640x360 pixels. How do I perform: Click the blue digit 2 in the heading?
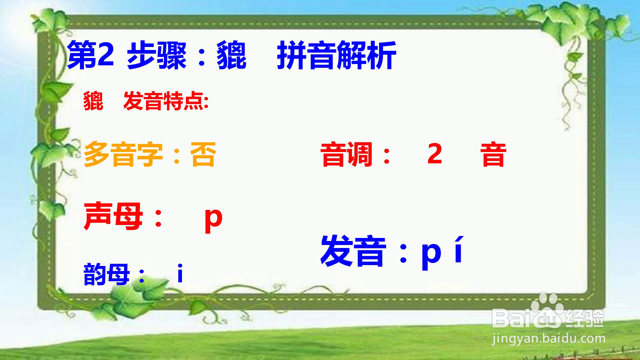pos(106,54)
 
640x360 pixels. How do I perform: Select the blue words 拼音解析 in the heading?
pos(336,56)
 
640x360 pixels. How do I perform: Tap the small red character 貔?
pos(93,101)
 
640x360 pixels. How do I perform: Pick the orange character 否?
pos(203,155)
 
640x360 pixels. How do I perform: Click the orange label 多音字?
pos(123,155)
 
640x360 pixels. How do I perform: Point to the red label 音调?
pos(347,154)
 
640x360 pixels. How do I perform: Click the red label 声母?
pos(113,217)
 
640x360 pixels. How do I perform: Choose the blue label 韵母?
pos(106,274)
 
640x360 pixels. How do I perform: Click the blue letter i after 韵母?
pos(180,273)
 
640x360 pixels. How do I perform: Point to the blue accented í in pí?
pos(459,249)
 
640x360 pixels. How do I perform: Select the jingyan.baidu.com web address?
pos(548,339)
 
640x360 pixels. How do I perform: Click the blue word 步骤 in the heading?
pos(157,56)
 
